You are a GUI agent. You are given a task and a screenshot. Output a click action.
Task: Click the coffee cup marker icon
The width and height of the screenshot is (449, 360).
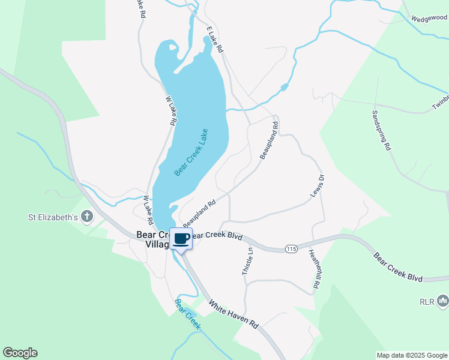point(181,239)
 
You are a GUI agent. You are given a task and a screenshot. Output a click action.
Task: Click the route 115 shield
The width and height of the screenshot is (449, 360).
point(291,248)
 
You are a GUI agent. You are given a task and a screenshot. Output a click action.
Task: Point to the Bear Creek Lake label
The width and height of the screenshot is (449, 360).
point(191,152)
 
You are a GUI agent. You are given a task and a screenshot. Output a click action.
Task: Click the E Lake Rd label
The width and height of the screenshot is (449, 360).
point(214,39)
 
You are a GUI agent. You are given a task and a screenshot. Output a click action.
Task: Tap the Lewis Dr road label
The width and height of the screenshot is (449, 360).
point(317,186)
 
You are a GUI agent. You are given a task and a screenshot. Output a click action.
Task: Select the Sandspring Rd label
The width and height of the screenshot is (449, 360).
point(381,130)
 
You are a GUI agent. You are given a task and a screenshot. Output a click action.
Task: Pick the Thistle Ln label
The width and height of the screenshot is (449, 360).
point(247,262)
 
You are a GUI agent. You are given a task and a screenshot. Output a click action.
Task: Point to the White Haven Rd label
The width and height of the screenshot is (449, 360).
point(234,314)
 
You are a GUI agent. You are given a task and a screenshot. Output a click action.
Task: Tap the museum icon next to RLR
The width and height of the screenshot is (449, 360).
point(443,300)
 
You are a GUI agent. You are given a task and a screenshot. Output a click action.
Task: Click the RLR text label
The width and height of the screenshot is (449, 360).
point(427,301)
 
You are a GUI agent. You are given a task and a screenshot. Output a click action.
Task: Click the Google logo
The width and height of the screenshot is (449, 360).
point(20,353)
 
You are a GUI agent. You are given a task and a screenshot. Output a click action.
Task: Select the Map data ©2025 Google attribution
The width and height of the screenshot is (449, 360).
point(412,355)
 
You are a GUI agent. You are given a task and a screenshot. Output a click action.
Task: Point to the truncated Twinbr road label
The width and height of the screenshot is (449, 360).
point(440,102)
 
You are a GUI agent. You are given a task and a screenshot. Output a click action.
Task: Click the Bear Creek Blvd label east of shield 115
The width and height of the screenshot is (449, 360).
point(398,267)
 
